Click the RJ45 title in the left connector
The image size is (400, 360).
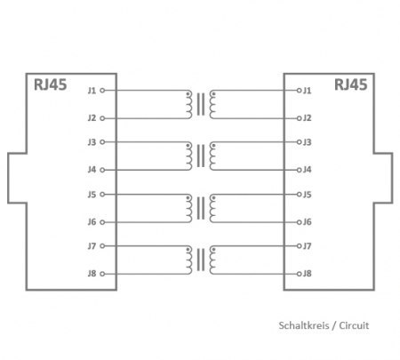pyautogui.click(x=50, y=84)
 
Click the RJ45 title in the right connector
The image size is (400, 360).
pyautogui.click(x=351, y=84)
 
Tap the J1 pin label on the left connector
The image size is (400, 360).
pyautogui.click(x=92, y=91)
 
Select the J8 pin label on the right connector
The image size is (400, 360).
pyautogui.click(x=308, y=274)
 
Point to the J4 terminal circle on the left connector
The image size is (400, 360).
pyautogui.click(x=102, y=170)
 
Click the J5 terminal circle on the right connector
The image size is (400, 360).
pyautogui.click(x=299, y=195)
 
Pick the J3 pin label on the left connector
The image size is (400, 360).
pyautogui.click(x=92, y=142)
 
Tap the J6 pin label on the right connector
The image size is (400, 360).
pyautogui.click(x=308, y=222)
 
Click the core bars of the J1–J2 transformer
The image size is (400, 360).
pyautogui.click(x=201, y=104)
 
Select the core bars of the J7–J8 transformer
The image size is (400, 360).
pyautogui.click(x=201, y=260)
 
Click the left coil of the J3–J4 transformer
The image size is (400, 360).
pyautogui.click(x=189, y=156)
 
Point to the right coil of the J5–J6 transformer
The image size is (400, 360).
pyautogui.click(x=212, y=208)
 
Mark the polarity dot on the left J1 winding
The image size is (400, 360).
pyautogui.click(x=188, y=94)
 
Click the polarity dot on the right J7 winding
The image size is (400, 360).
pyautogui.click(x=213, y=250)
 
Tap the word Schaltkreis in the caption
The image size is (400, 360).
pyautogui.click(x=304, y=325)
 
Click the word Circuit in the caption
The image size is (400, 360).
pyautogui.click(x=354, y=325)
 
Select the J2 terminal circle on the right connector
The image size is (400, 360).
pyautogui.click(x=299, y=118)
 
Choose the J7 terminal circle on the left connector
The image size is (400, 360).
pyautogui.click(x=102, y=246)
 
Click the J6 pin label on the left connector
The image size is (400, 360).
pyautogui.click(x=92, y=222)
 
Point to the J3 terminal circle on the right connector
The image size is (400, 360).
pyautogui.click(x=299, y=142)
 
